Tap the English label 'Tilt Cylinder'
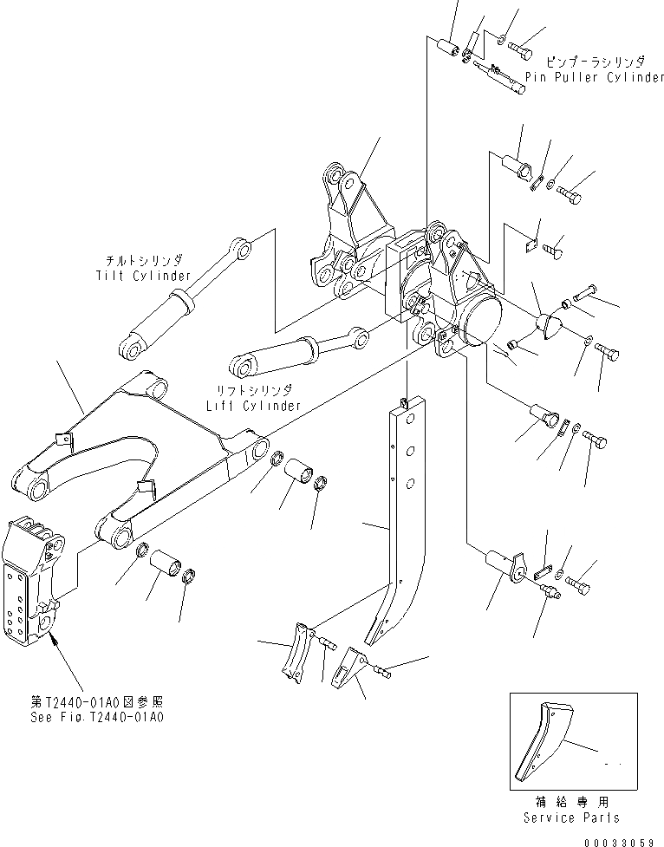click(x=143, y=276)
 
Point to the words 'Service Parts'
click(x=572, y=817)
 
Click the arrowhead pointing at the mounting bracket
click(x=53, y=641)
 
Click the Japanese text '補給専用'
click(x=571, y=802)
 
